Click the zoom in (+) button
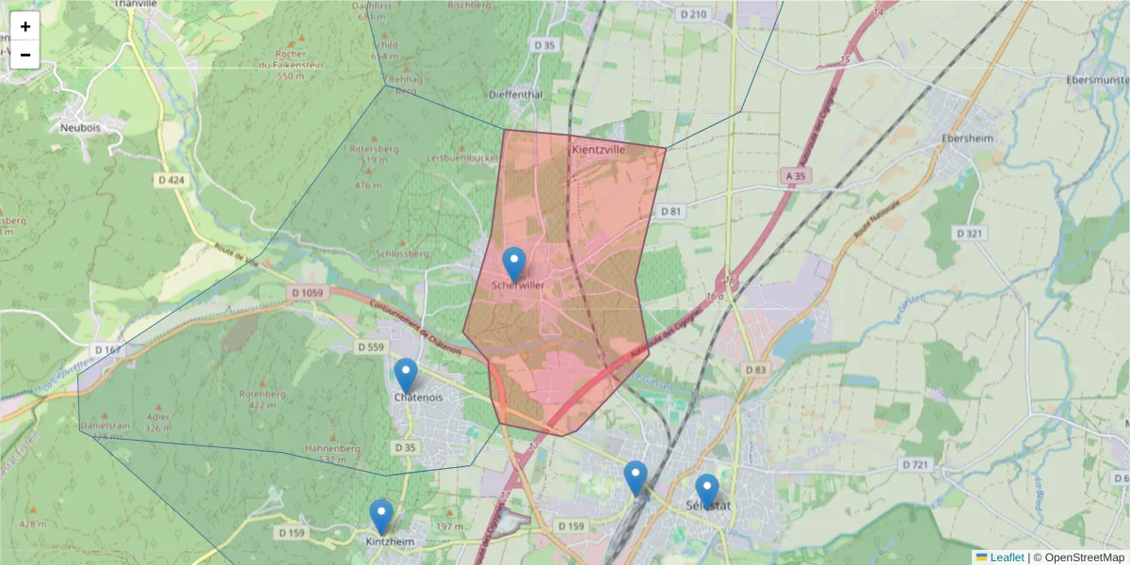(x=25, y=26)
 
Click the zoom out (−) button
(x=25, y=55)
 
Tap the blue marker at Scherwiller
(x=514, y=265)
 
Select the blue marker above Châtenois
(x=406, y=375)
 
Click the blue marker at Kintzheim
(x=381, y=516)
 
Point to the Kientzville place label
(x=599, y=150)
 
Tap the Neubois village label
(x=80, y=126)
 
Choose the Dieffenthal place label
(x=516, y=95)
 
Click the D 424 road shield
(x=169, y=179)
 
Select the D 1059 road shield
(x=307, y=294)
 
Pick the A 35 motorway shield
(x=796, y=175)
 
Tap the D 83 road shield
(x=755, y=370)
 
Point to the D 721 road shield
(x=915, y=464)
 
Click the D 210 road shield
(x=692, y=14)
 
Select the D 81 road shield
(x=670, y=211)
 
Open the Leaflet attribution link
(x=1006, y=557)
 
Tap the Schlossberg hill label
(x=402, y=254)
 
